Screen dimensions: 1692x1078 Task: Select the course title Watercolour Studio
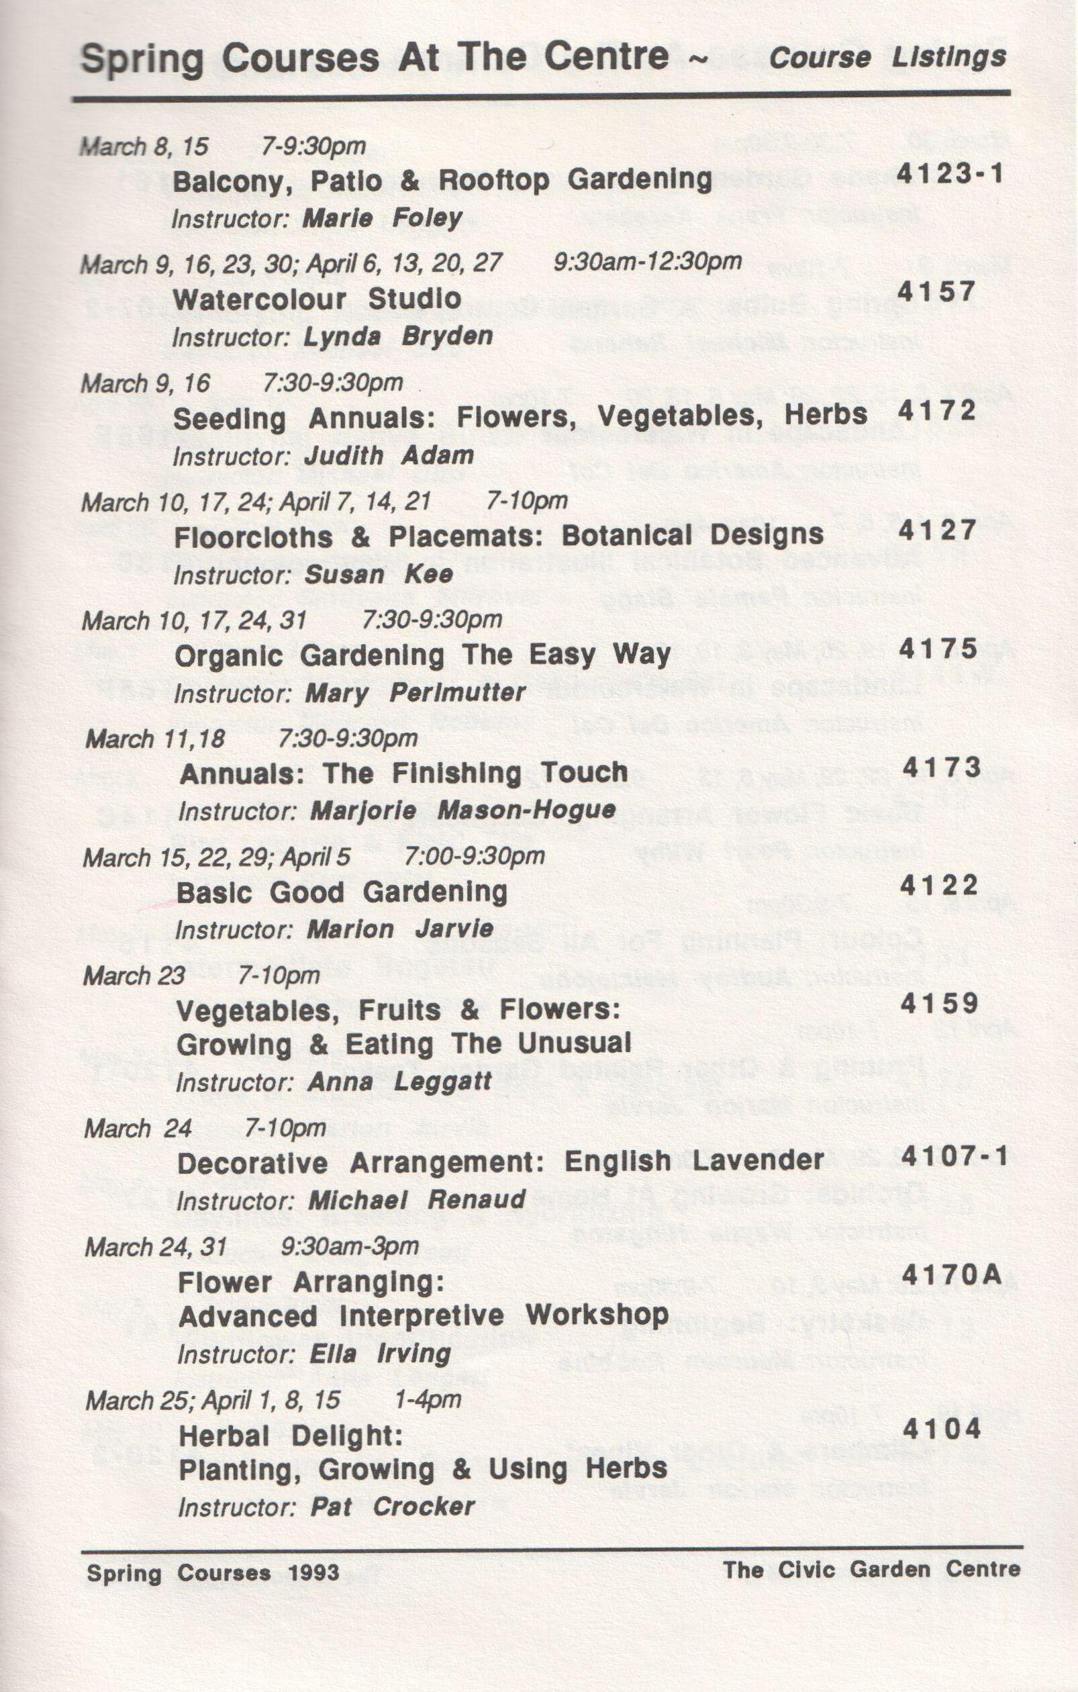tap(317, 299)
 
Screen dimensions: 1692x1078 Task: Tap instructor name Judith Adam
tap(389, 455)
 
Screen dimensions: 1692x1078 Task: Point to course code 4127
tap(938, 530)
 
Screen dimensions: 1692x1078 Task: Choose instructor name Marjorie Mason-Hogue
tap(462, 811)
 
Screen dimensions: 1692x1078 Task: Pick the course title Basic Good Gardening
tap(342, 892)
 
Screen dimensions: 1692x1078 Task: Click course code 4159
tap(939, 1003)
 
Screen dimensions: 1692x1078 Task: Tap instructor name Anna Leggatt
tap(399, 1082)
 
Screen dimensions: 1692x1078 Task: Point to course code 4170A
tap(952, 1274)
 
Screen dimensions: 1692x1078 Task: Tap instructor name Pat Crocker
tap(393, 1507)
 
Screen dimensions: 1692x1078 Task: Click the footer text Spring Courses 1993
tap(213, 1572)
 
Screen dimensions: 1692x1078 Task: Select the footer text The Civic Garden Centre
tap(871, 1569)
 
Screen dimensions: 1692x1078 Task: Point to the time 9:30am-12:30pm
tap(647, 261)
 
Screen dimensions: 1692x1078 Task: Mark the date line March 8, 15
tap(145, 146)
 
